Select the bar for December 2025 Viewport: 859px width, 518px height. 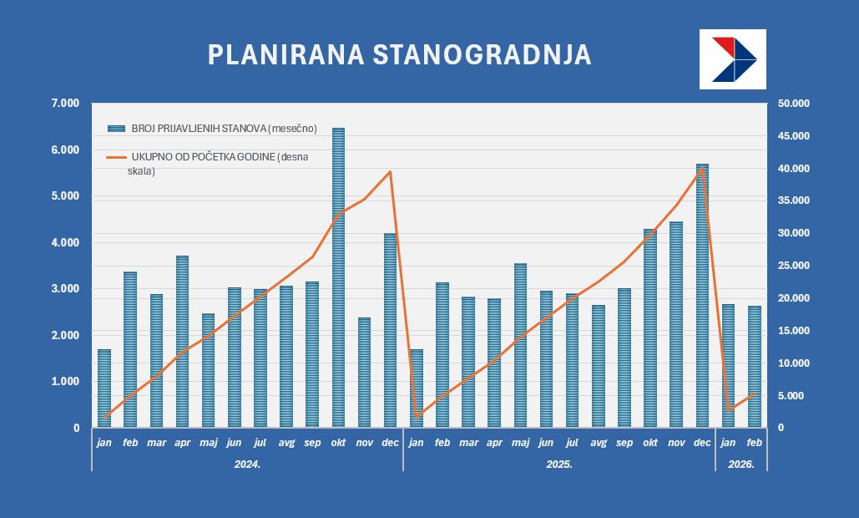702,296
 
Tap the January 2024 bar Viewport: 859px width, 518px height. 104,388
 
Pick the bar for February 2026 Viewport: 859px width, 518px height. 754,367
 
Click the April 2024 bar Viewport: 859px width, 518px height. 182,342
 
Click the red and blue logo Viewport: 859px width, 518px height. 732,59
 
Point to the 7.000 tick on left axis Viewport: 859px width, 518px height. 64,104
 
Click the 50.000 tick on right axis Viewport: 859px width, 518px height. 792,104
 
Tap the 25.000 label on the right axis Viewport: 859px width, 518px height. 792,266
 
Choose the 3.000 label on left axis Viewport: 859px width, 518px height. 64,289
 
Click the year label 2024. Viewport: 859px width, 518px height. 247,463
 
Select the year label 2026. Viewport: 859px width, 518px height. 740,463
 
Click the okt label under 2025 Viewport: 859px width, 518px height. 650,443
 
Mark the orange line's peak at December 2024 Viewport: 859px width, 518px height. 390,172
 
